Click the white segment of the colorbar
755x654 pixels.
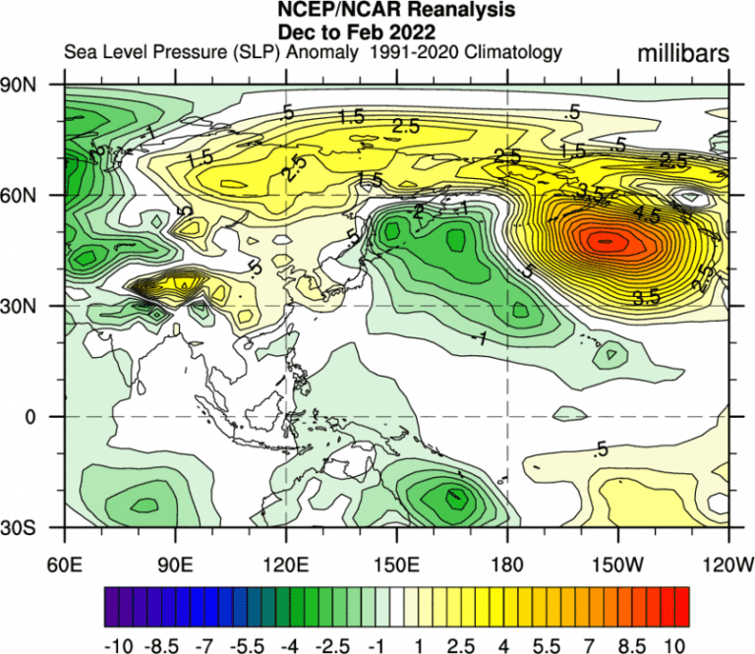395,608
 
